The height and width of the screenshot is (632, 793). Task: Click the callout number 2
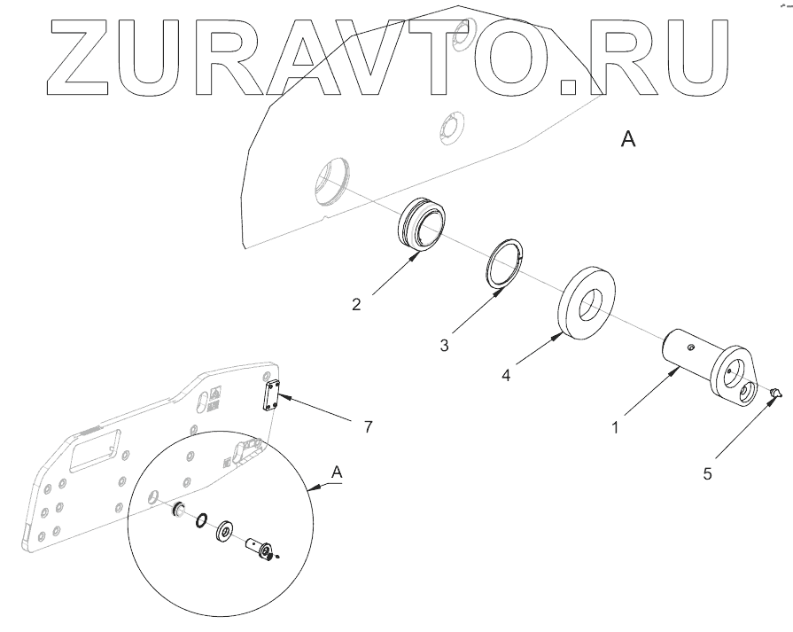point(356,305)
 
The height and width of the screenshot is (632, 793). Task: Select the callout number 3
point(444,343)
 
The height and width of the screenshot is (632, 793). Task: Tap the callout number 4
point(506,376)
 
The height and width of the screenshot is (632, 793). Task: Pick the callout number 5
point(707,474)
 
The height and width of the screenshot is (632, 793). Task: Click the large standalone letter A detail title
point(628,140)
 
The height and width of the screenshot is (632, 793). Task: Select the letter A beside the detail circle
point(336,473)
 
